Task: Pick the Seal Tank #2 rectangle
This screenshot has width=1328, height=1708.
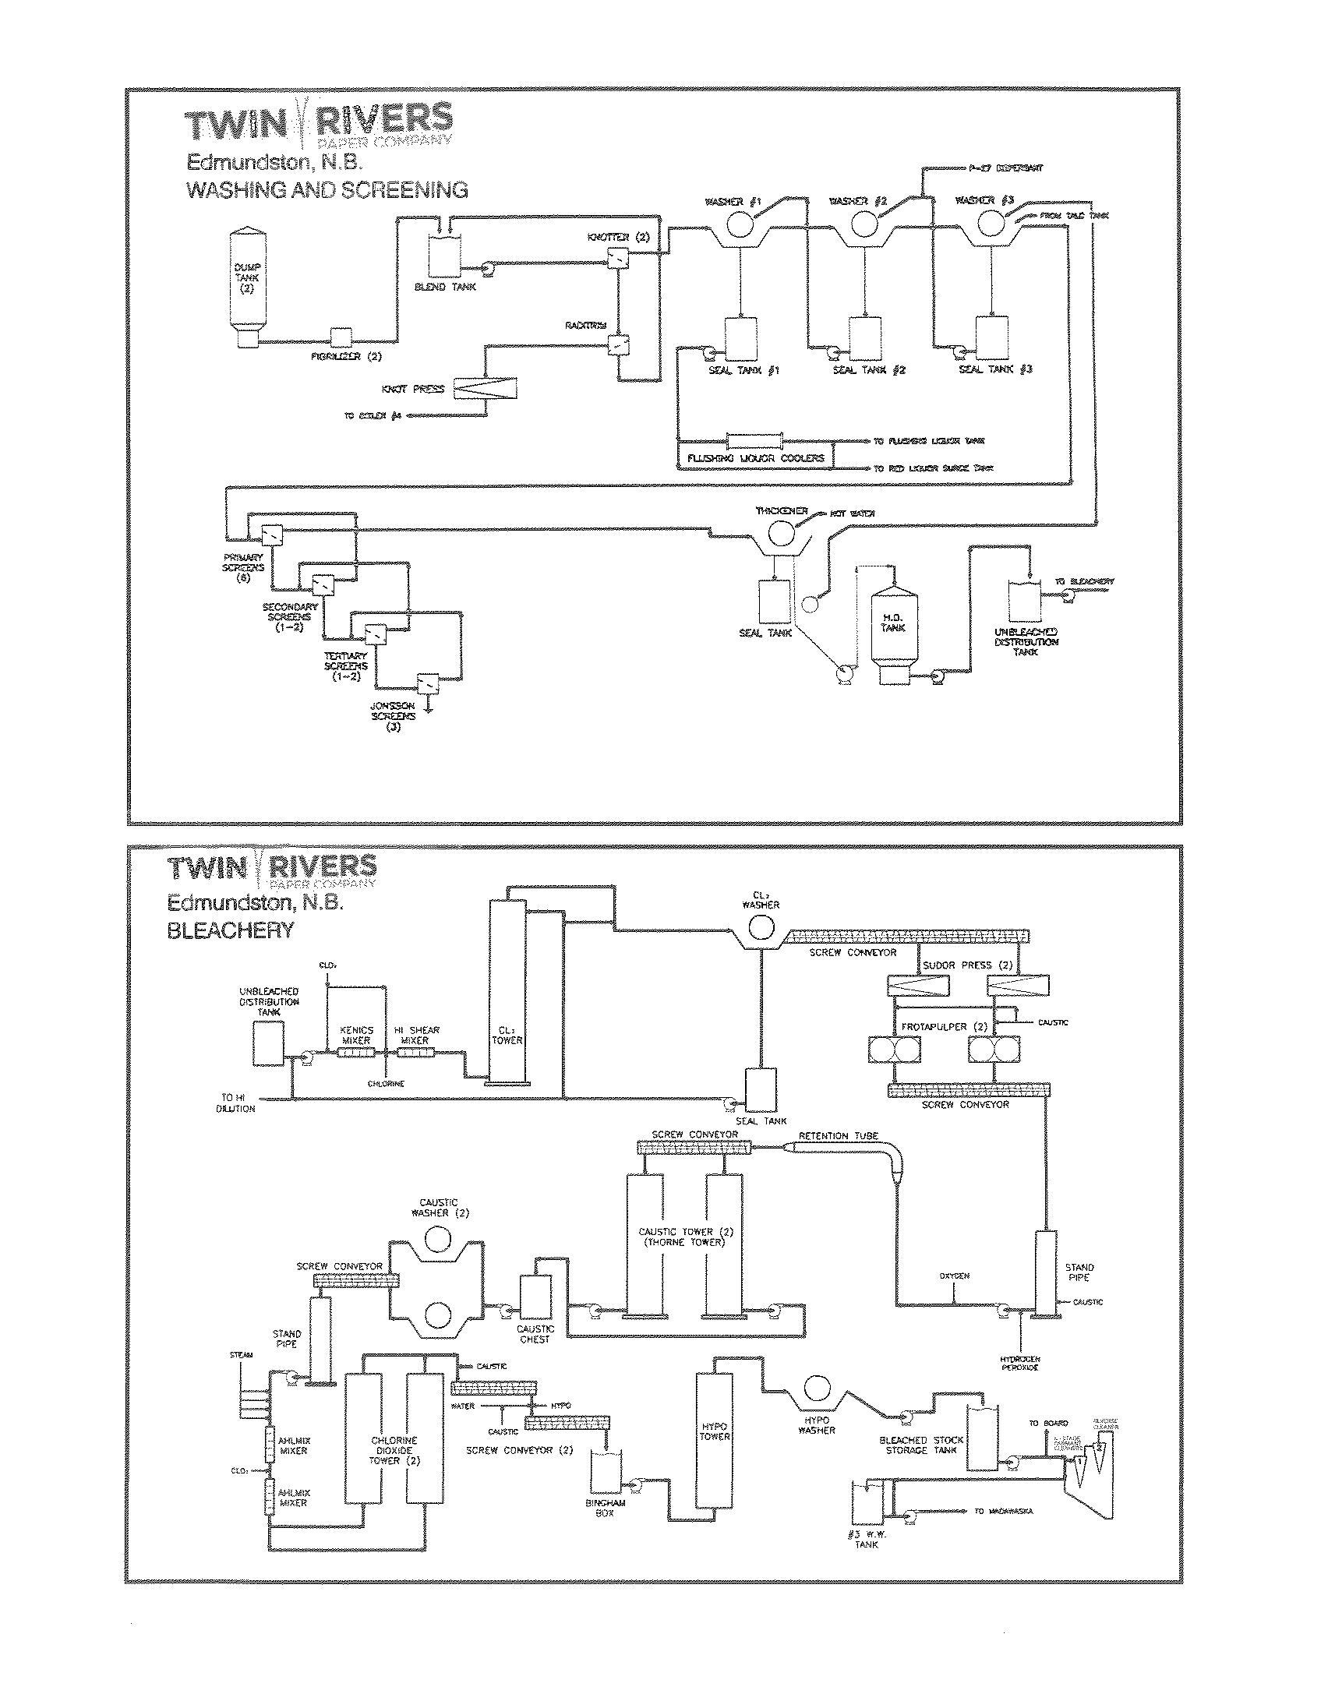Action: pyautogui.click(x=866, y=337)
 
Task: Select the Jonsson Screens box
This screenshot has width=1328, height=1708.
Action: pyautogui.click(x=428, y=683)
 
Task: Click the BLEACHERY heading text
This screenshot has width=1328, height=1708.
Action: pyautogui.click(x=230, y=930)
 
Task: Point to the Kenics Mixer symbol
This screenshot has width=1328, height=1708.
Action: pyautogui.click(x=357, y=1053)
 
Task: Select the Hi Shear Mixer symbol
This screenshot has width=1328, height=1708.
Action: pyautogui.click(x=416, y=1053)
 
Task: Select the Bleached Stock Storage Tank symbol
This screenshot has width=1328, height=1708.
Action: pyautogui.click(x=981, y=1439)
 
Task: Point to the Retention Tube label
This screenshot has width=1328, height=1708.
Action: pyautogui.click(x=839, y=1135)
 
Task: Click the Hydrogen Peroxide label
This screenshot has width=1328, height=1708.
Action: pyautogui.click(x=1019, y=1363)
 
